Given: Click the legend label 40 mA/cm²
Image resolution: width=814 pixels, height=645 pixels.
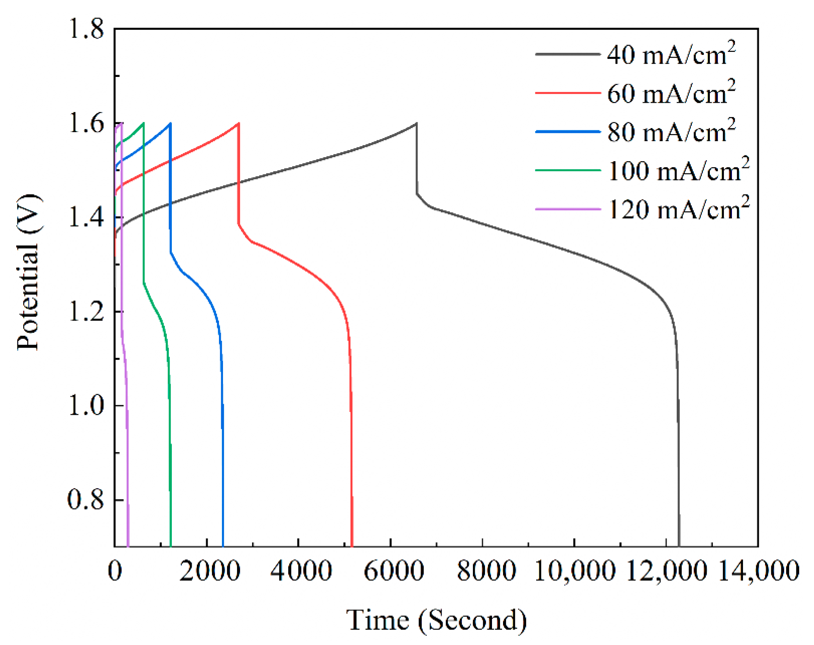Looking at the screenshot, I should click(670, 55).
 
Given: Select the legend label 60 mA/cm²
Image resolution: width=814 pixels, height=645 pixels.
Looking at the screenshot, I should click(670, 93).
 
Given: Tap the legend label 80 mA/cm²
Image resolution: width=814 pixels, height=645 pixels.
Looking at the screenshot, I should click(670, 132).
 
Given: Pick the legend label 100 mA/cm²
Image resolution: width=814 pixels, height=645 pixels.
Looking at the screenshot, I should click(678, 171).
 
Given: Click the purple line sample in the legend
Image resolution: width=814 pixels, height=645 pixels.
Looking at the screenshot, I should click(567, 209).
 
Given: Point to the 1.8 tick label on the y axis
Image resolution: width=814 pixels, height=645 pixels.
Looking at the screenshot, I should click(86, 29).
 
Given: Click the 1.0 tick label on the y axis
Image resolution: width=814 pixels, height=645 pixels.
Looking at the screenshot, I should click(86, 406).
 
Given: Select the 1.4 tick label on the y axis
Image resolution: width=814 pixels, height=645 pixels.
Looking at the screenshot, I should click(86, 218).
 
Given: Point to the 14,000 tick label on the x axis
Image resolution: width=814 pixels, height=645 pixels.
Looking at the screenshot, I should click(758, 571).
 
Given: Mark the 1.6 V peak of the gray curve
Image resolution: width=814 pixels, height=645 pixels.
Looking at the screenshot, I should click(416, 123).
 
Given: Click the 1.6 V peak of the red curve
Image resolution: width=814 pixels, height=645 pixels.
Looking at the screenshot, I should click(238, 123).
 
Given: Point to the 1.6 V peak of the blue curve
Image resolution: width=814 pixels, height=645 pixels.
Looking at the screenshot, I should click(171, 123).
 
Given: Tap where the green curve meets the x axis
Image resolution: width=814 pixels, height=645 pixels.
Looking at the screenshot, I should click(171, 546).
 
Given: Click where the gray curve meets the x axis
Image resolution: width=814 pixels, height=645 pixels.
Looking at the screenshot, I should click(679, 546).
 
